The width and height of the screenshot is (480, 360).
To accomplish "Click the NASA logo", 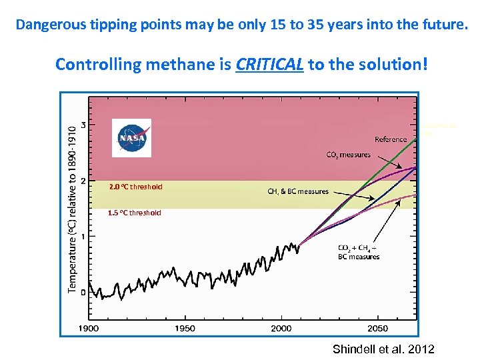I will pos(131,138).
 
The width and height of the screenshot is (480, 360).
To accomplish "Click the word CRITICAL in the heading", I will pos(270,65).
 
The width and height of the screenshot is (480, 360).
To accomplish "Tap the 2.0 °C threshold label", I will pos(135,187).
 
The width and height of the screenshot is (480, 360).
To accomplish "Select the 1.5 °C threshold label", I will pos(135,213).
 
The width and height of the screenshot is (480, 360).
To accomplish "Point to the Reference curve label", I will pos(391,140).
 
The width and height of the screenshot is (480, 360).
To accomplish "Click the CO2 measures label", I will pos(348,155).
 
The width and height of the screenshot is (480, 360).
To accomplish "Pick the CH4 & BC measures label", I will pos(298,192).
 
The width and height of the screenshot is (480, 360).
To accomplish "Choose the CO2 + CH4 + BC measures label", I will pos(359,252).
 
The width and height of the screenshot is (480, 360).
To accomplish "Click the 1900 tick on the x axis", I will pos(89,328).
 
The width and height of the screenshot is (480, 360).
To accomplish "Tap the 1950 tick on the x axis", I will pos(185,328).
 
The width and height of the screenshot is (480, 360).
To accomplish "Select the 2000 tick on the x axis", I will pos(281,328).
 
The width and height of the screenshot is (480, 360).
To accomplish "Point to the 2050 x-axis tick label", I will pos(377,328).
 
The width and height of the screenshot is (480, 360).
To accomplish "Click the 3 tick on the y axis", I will pos(82,125).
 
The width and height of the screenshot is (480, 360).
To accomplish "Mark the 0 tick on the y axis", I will pos(82,292).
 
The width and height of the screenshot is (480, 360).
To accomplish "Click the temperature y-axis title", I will pos(72,210).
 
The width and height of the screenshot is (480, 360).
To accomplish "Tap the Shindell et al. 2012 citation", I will pos(383,349).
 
